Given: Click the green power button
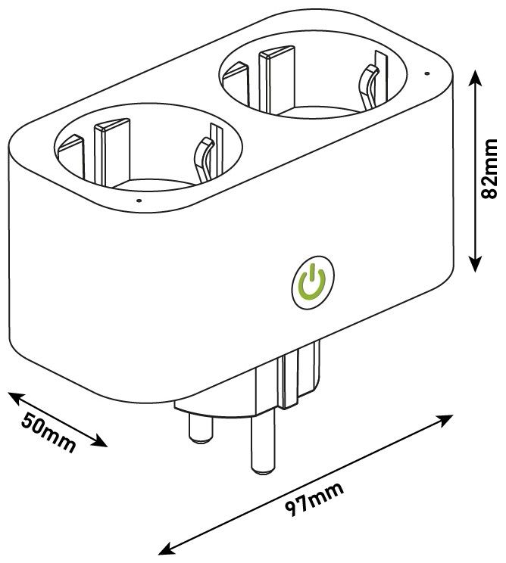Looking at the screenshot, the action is pyautogui.click(x=313, y=282).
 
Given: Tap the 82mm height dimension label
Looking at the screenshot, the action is pyautogui.click(x=489, y=169).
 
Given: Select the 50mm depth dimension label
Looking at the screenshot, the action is pyautogui.click(x=48, y=432).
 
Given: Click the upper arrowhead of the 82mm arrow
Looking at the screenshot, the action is pyautogui.click(x=475, y=77).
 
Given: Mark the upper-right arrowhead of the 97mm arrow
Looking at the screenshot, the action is pyautogui.click(x=444, y=420).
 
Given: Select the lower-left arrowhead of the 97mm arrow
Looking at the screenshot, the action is pyautogui.click(x=167, y=549).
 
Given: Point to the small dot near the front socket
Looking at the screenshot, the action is pyautogui.click(x=139, y=201).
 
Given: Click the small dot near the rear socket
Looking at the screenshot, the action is pyautogui.click(x=426, y=73).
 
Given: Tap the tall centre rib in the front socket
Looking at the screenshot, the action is pyautogui.click(x=111, y=151).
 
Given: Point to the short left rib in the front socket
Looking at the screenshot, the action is pyautogui.click(x=71, y=156).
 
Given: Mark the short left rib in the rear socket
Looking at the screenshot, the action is pyautogui.click(x=236, y=84).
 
